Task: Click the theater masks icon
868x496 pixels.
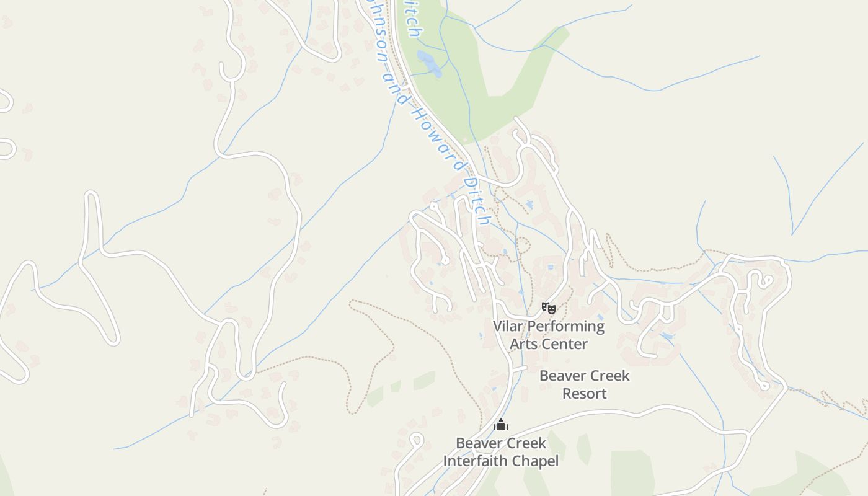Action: [548, 308]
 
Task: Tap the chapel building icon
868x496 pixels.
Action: [501, 425]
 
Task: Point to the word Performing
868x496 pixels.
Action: [566, 327]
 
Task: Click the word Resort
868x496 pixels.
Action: [584, 394]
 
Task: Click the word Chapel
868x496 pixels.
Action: [537, 461]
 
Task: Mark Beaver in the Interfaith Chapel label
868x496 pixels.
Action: [477, 443]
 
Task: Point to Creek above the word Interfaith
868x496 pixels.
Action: [525, 443]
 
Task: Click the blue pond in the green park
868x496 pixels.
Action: [428, 63]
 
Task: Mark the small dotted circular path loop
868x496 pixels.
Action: [523, 246]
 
